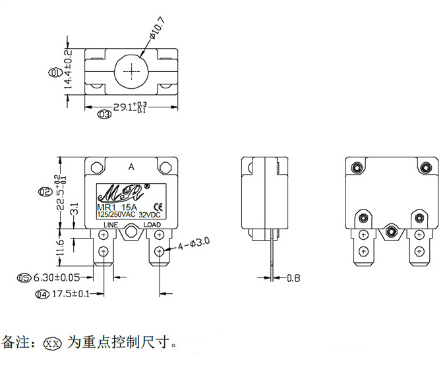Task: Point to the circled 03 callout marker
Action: [104, 114]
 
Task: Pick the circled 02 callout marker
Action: [45, 192]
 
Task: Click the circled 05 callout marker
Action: [24, 278]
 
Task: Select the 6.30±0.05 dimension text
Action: [57, 278]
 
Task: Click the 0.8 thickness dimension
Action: [293, 278]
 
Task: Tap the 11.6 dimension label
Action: [59, 248]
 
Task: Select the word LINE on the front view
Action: [109, 225]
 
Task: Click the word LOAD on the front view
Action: [152, 225]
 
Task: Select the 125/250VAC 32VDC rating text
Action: [131, 215]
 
